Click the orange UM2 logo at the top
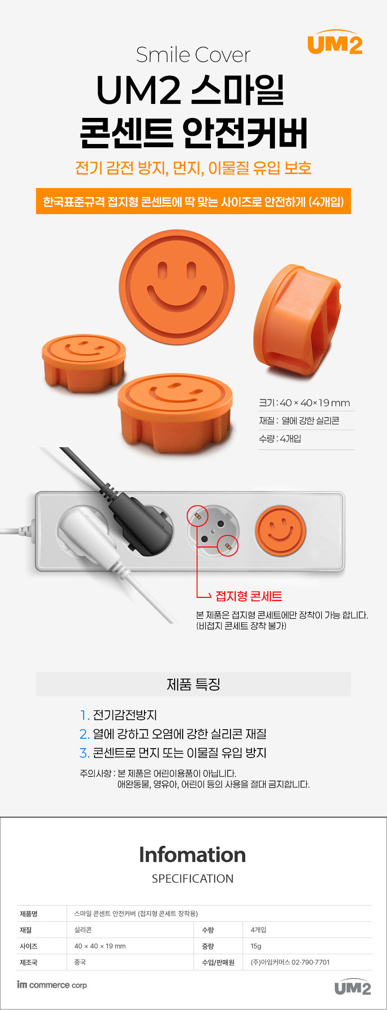(335, 42)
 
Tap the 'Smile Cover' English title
(193, 55)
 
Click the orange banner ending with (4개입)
(193, 201)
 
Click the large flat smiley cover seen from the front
(177, 287)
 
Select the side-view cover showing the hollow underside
(297, 320)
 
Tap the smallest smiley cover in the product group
(84, 363)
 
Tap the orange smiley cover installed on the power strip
(280, 531)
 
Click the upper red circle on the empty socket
(198, 516)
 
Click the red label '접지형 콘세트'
(249, 597)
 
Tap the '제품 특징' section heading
(193, 684)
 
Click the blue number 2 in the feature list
(84, 734)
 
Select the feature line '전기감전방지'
(125, 715)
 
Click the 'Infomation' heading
(193, 855)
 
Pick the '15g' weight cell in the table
(256, 946)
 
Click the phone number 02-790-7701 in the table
(310, 962)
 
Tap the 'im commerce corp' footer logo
(52, 985)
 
